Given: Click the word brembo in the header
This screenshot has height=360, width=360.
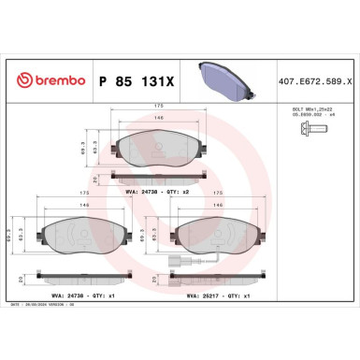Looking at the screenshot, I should click(x=55, y=81).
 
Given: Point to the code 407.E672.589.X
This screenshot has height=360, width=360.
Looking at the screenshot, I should click(x=310, y=81).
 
